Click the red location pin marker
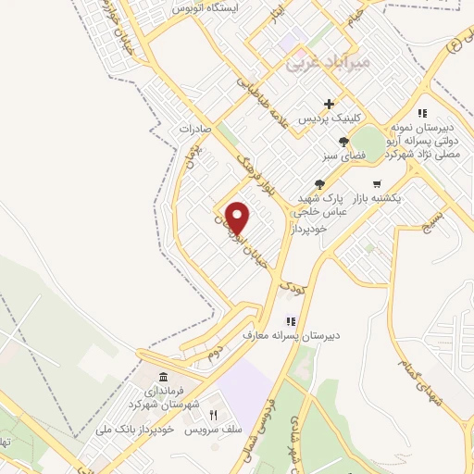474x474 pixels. pos(238,217)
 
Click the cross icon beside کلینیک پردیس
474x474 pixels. pos(329,105)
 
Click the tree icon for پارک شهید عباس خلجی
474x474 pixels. pos(320,184)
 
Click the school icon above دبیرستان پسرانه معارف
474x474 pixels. pos(277,320)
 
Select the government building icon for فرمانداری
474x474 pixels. pos(164,378)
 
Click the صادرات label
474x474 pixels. pos(196,129)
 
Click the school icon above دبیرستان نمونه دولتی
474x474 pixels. pos(422,113)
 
